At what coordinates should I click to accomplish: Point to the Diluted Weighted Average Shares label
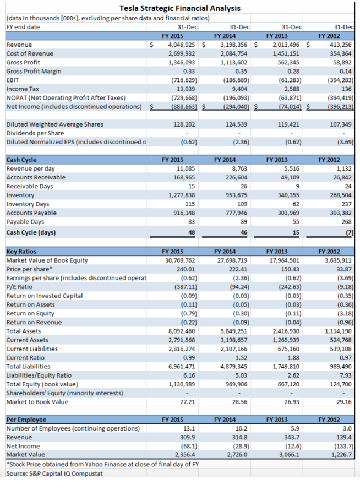click(54, 124)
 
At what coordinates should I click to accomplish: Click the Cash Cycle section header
click(20, 160)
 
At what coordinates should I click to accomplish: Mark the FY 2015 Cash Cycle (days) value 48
click(191, 232)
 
